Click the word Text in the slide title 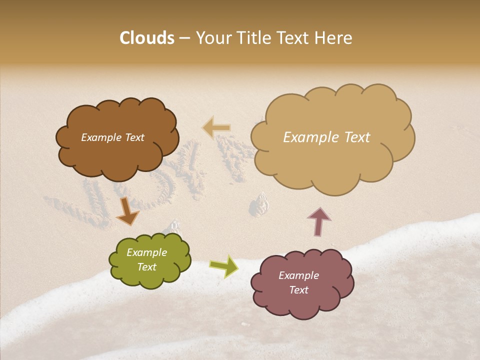point(295,38)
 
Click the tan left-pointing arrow point(216,128)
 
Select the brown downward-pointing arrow point(127,212)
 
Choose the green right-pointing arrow point(224,266)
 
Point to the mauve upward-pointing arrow point(318,221)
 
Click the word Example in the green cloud point(146,252)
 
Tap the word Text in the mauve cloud point(298,290)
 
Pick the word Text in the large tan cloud point(357,137)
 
